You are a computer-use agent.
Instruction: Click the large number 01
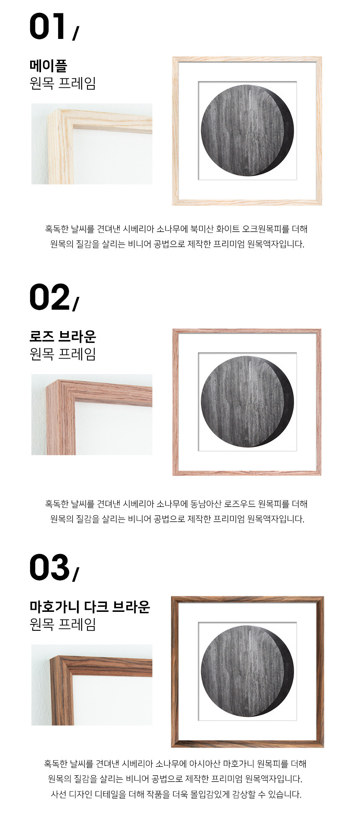click(47, 26)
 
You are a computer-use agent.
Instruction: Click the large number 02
click(49, 297)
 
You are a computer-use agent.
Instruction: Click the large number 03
click(49, 567)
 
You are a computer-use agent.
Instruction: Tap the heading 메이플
click(48, 65)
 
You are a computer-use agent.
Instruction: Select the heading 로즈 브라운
click(63, 336)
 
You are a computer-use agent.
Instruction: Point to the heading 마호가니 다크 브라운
click(90, 606)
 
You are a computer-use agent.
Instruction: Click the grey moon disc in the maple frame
click(247, 130)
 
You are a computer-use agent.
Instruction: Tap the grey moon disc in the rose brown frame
click(247, 401)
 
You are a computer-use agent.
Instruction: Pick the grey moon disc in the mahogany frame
click(247, 671)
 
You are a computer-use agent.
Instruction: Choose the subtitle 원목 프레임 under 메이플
click(63, 83)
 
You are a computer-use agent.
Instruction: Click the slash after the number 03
click(75, 574)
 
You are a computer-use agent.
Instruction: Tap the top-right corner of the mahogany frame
click(323, 597)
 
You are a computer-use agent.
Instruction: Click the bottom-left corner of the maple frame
click(173, 205)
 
